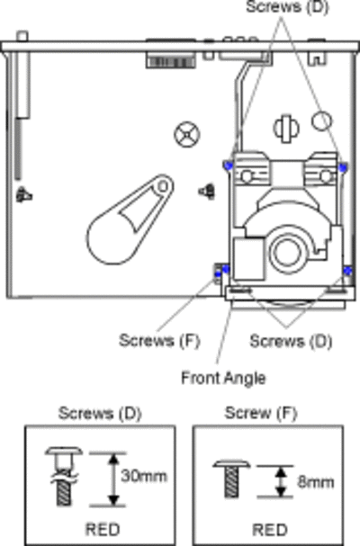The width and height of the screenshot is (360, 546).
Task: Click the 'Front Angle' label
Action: (x=223, y=379)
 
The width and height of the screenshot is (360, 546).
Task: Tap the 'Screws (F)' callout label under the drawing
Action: (x=159, y=341)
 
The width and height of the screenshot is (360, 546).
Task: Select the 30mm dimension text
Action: (x=144, y=476)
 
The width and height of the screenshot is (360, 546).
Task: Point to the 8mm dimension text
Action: (x=316, y=482)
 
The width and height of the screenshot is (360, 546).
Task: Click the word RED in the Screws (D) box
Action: (x=103, y=530)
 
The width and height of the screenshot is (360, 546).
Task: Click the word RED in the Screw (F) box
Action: (x=270, y=530)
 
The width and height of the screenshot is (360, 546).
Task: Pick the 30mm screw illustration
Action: (x=64, y=476)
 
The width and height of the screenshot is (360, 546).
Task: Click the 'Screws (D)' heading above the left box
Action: (x=100, y=414)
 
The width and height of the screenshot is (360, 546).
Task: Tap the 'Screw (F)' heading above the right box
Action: (x=261, y=414)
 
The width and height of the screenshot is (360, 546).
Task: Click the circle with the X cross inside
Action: (x=187, y=134)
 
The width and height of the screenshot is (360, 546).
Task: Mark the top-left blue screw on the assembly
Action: (x=229, y=165)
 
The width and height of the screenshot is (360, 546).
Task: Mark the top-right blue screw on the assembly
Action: (x=343, y=167)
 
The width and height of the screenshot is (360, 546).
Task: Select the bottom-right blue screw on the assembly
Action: (x=348, y=270)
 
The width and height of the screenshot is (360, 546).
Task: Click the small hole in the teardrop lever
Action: (x=162, y=186)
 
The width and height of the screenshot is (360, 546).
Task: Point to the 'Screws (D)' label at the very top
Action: (x=287, y=7)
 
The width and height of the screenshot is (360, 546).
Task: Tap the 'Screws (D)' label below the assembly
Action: (x=291, y=341)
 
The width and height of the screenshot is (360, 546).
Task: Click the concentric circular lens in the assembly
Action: (x=288, y=252)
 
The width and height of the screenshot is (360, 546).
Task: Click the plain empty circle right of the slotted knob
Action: (x=321, y=121)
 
